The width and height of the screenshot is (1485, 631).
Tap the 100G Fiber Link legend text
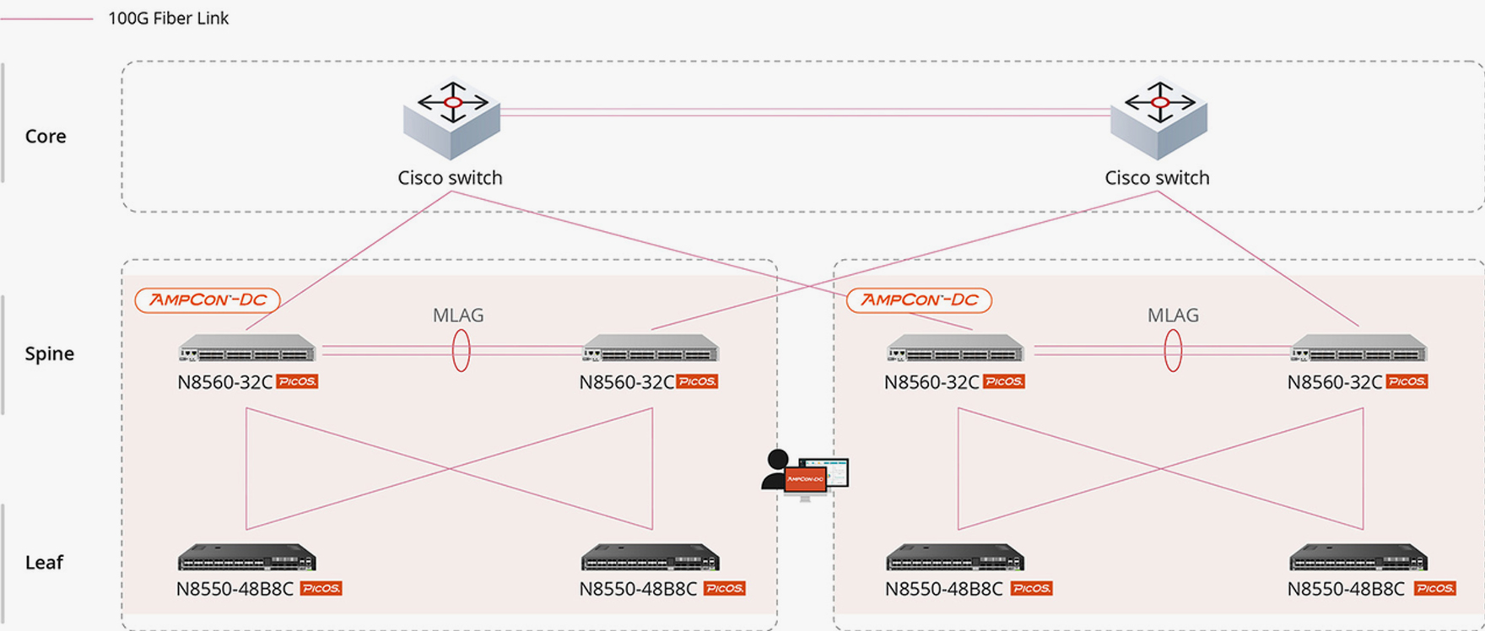[168, 19]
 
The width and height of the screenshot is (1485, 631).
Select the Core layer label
[46, 136]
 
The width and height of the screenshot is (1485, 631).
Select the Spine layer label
[49, 353]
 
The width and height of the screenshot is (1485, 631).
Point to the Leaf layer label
[44, 563]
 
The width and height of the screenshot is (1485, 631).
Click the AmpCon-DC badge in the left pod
[208, 300]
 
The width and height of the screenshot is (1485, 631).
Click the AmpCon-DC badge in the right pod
[919, 300]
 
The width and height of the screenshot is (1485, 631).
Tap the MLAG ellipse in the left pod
[461, 350]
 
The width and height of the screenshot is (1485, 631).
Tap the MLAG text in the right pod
[1173, 315]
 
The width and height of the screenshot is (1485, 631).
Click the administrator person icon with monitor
[804, 475]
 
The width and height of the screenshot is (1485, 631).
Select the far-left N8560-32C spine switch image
[246, 348]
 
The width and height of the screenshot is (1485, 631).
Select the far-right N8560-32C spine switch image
[1358, 348]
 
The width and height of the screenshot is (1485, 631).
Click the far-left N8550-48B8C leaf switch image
[246, 558]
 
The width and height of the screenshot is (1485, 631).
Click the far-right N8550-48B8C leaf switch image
[1358, 558]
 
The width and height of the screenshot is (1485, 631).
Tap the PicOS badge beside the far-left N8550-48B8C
[321, 589]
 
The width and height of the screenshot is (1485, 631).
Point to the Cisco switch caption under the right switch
[1157, 178]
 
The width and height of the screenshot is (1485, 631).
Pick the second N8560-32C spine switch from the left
[651, 348]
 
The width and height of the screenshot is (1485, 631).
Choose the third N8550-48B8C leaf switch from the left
[955, 558]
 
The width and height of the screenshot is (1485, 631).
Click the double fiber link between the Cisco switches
[805, 111]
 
